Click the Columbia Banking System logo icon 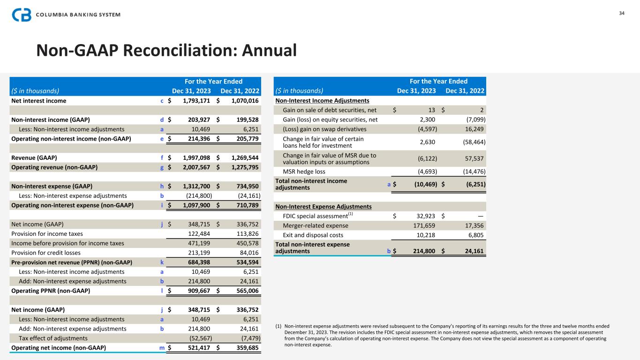click(22, 15)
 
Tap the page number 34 click(622, 13)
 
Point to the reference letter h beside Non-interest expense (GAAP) click(162, 186)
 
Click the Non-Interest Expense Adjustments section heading click(324, 206)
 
